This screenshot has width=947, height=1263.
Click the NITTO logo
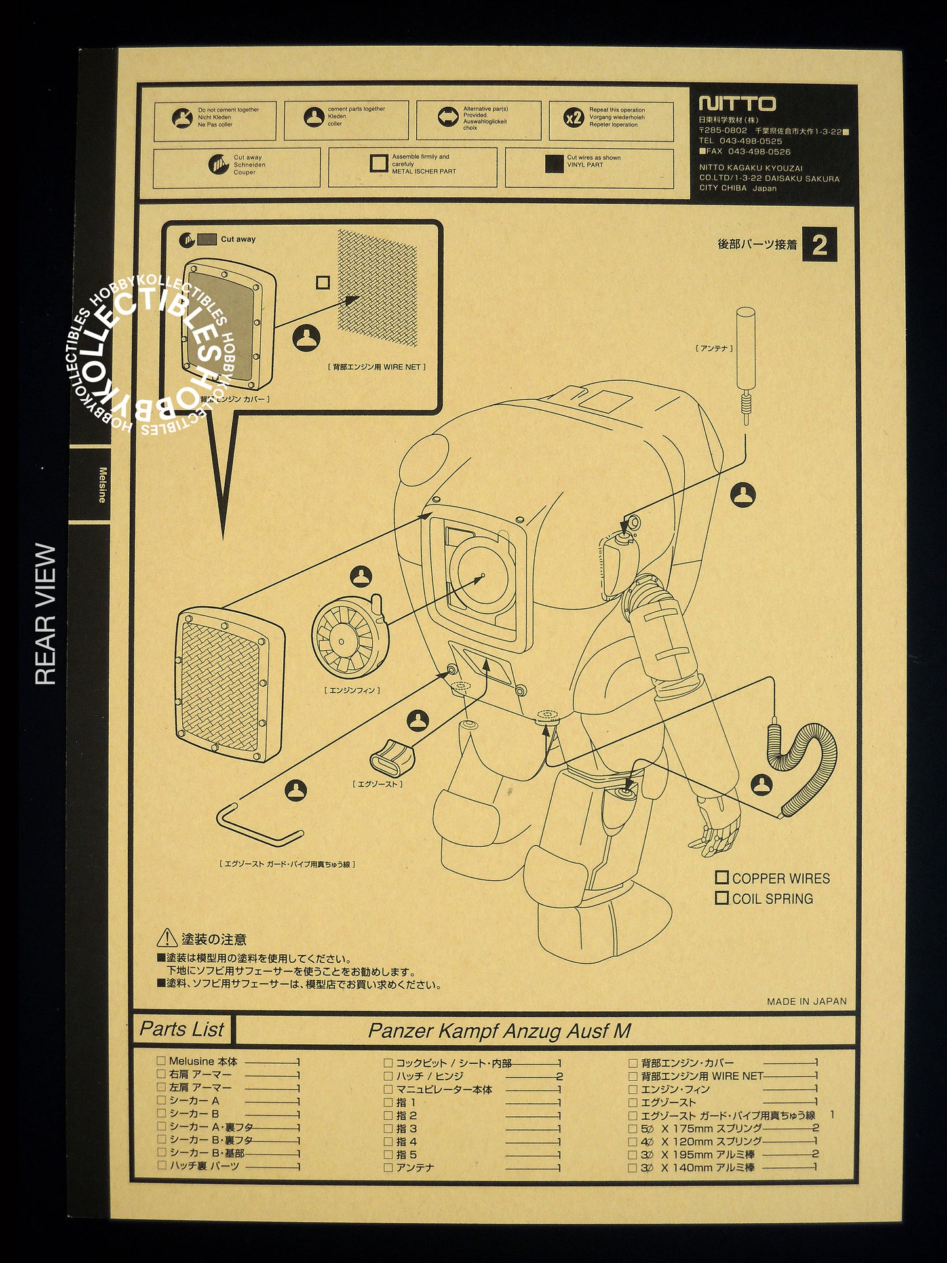737,104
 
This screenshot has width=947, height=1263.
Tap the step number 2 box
819,245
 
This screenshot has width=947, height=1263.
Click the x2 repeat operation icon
573,118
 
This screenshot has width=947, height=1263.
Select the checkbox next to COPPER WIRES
722,878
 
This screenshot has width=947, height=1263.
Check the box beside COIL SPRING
722,898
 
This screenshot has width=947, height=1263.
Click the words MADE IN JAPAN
806,1001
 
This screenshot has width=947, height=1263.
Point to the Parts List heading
182,1030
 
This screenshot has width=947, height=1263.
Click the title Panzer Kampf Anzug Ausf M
499,1031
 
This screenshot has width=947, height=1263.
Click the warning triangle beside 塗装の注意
167,938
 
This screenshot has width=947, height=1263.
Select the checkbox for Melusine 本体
161,1060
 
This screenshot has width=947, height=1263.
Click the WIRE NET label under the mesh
376,367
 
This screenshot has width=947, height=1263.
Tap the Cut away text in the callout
238,239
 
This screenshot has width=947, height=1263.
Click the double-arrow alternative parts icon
448,117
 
